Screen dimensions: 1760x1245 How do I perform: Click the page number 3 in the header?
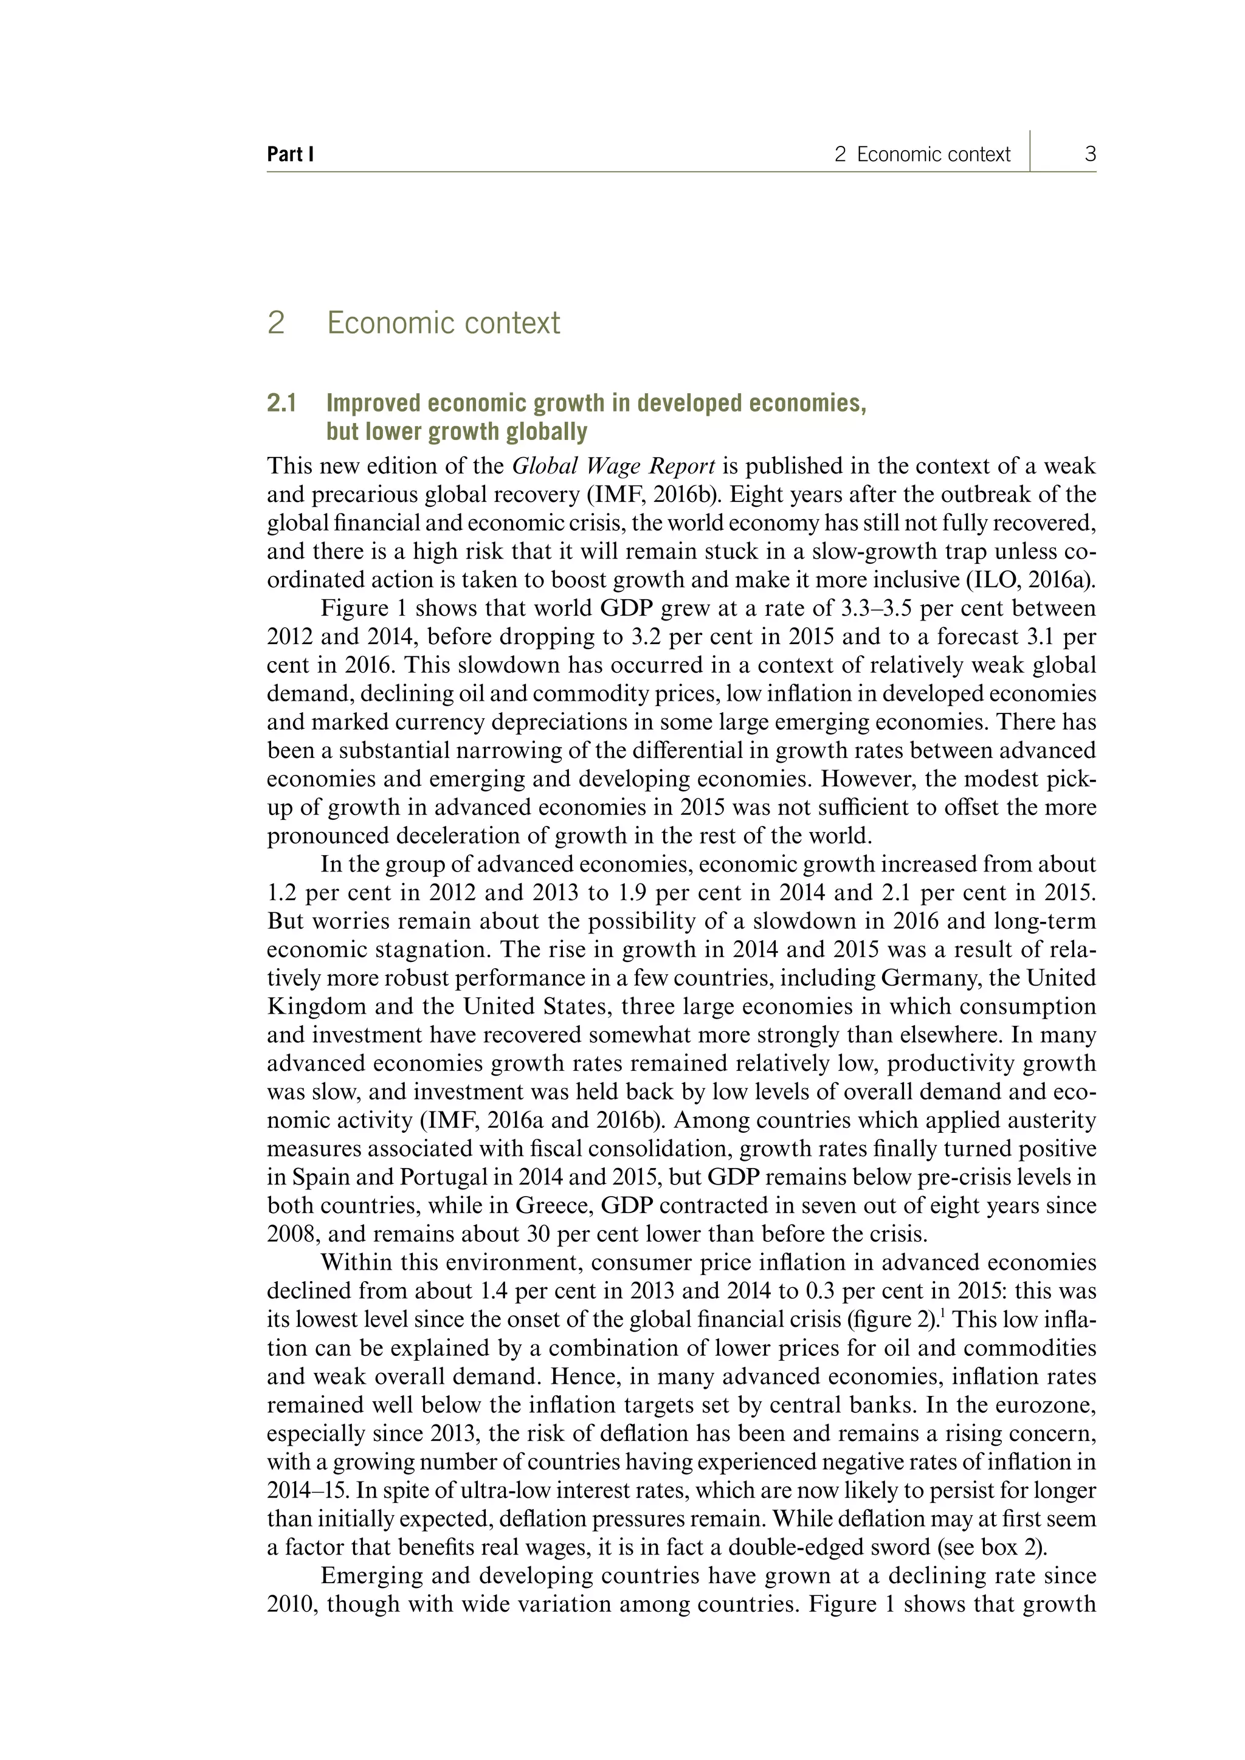[1090, 155]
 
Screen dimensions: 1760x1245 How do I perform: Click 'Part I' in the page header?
[290, 155]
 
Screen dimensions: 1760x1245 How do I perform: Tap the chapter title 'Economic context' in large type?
[443, 323]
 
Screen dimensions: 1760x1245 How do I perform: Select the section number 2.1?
[281, 403]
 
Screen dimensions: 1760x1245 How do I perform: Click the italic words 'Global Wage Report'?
[613, 466]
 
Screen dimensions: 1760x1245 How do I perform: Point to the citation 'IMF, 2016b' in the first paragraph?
[652, 495]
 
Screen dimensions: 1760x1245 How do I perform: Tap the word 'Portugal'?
[443, 1177]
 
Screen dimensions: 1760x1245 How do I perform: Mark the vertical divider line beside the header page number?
[1030, 151]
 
